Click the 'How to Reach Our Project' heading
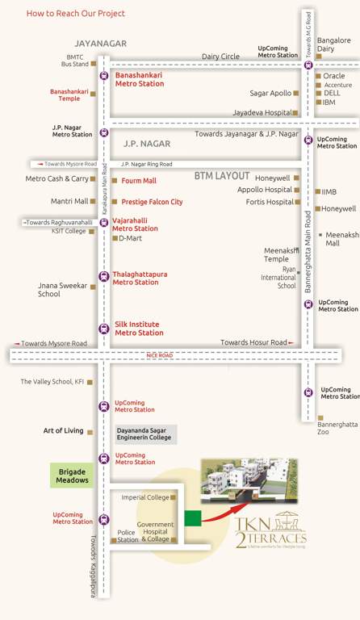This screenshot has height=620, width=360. [75, 14]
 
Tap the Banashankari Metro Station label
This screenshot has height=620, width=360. [139, 79]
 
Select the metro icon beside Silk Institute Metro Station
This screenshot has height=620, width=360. [103, 328]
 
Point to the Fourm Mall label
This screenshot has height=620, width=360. [139, 181]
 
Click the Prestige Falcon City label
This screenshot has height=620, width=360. [152, 202]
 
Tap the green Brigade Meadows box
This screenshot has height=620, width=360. [72, 475]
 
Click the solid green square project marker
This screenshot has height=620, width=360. [192, 518]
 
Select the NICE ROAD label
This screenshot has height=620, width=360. [159, 355]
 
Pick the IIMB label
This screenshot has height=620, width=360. [329, 192]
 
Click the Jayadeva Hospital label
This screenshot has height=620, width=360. [262, 112]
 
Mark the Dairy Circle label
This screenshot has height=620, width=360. [220, 57]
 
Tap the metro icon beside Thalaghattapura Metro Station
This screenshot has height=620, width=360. [103, 277]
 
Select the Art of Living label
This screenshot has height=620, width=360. [63, 431]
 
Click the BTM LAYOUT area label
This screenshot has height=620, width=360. [222, 175]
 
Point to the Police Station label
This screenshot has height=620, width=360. [128, 535]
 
